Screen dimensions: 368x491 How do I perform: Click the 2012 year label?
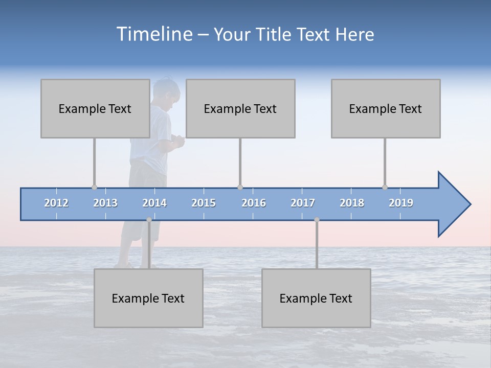(x=56, y=203)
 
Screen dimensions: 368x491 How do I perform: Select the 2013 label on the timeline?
(x=105, y=203)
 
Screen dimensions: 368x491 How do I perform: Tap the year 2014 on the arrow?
(x=154, y=203)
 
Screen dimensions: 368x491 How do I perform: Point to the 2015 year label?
(x=204, y=203)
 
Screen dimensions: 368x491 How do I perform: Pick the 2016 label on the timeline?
(x=254, y=203)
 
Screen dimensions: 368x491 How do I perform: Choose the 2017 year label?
(x=303, y=203)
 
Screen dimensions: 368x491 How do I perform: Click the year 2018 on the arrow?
(x=352, y=203)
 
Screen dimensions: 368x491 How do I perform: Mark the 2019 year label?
(x=401, y=203)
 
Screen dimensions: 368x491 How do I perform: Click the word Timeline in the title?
(x=153, y=34)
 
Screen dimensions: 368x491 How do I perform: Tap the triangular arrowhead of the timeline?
(x=453, y=204)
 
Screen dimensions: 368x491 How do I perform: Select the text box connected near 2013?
(x=95, y=108)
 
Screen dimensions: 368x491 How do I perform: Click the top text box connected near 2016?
(x=240, y=108)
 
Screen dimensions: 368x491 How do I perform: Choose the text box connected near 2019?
(x=386, y=108)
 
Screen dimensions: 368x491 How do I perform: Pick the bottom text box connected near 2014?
(x=148, y=298)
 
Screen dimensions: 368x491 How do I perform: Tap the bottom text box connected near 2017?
(x=316, y=298)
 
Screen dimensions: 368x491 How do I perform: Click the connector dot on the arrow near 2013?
(x=94, y=187)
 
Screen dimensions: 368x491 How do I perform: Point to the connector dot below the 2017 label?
(x=317, y=220)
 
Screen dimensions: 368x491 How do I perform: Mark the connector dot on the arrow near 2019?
(x=385, y=187)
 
